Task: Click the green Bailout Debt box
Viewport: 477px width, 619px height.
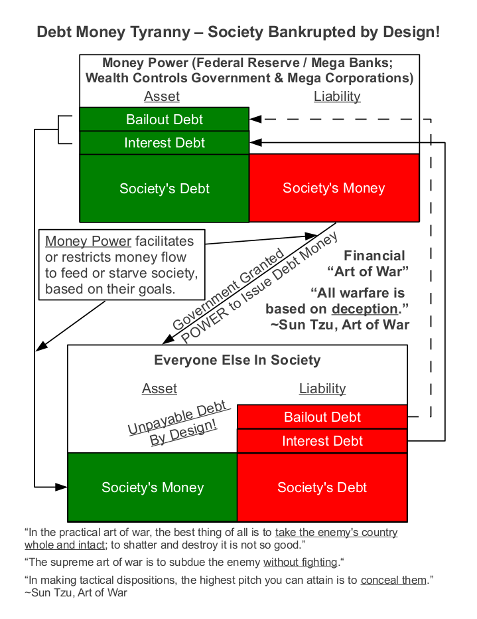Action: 165,120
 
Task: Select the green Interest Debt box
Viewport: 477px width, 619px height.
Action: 165,143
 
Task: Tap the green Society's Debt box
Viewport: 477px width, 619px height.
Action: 165,188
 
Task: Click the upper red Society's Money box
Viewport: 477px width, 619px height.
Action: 334,188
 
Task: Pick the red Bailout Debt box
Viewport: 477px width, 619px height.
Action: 322,417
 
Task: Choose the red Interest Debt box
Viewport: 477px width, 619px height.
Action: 322,441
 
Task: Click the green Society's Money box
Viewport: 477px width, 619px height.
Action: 153,487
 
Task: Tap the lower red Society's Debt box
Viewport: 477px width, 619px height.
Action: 322,487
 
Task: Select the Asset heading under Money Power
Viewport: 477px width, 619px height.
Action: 162,96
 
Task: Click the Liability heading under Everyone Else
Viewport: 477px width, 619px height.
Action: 322,389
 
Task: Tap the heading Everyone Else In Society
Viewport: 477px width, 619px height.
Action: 238,361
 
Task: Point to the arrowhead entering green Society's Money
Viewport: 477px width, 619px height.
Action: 62,487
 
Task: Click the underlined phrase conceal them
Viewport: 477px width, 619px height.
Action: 393,580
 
